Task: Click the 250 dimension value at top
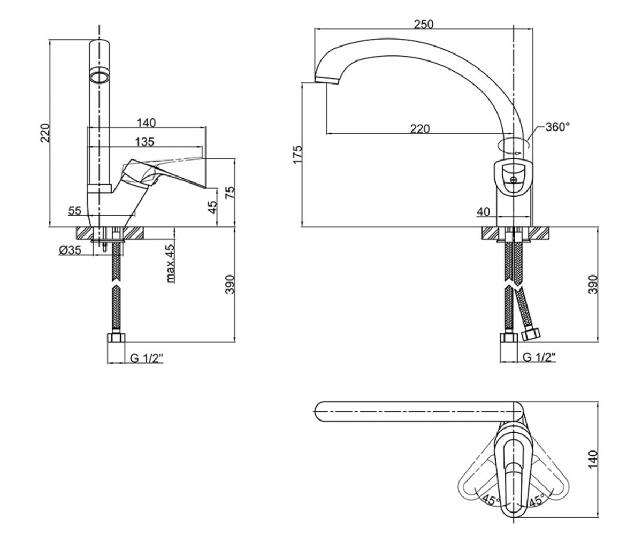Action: point(423,24)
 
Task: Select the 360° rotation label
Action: point(557,127)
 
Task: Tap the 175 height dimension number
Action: point(297,155)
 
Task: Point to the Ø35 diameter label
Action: point(70,250)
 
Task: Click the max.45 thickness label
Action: point(170,264)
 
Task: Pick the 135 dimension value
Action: point(145,142)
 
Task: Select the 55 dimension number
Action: point(75,211)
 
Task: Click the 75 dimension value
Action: point(230,192)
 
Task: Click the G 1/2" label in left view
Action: point(147,358)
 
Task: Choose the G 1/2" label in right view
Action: point(539,357)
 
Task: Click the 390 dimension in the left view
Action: point(230,285)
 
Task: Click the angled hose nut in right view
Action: point(531,334)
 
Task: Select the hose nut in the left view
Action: point(116,338)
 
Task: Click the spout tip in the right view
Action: point(326,80)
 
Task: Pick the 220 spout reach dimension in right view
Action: point(420,128)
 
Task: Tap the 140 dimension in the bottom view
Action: point(593,460)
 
